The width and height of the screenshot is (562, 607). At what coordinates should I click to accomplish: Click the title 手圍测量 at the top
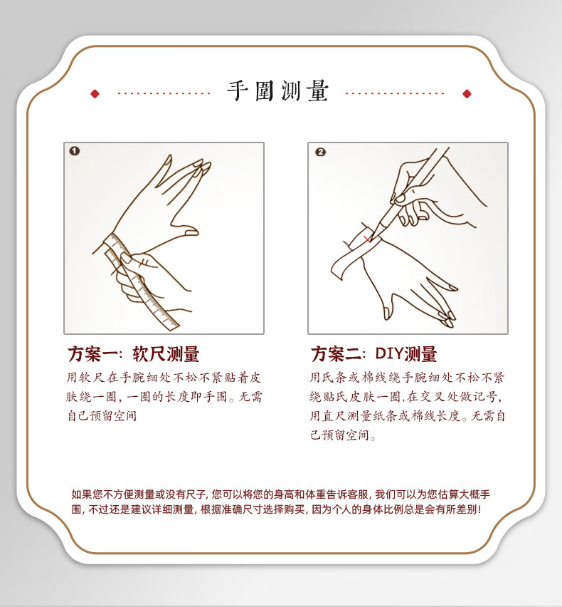coord(277,91)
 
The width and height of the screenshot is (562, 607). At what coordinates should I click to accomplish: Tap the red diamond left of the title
coord(95,93)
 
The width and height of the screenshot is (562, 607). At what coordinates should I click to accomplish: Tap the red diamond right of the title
coord(467,93)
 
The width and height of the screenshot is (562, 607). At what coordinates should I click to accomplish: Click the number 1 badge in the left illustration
coord(75,151)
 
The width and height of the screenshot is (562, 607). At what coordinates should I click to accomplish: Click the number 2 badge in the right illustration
coord(320,152)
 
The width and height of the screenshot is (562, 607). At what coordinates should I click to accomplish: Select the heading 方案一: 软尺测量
coord(133,354)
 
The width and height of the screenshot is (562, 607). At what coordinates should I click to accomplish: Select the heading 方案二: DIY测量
coord(373,354)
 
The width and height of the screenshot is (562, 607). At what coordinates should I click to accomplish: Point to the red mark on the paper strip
coord(366,239)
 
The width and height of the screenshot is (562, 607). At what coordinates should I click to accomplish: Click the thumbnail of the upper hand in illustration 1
coord(191,233)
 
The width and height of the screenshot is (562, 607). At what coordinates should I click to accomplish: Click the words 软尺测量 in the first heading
coord(166,354)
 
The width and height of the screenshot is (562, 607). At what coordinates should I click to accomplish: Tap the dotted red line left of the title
coord(164,93)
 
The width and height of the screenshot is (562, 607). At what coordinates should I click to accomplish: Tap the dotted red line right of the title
coord(395,93)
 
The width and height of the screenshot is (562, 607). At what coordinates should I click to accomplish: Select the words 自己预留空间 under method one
coord(102,416)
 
